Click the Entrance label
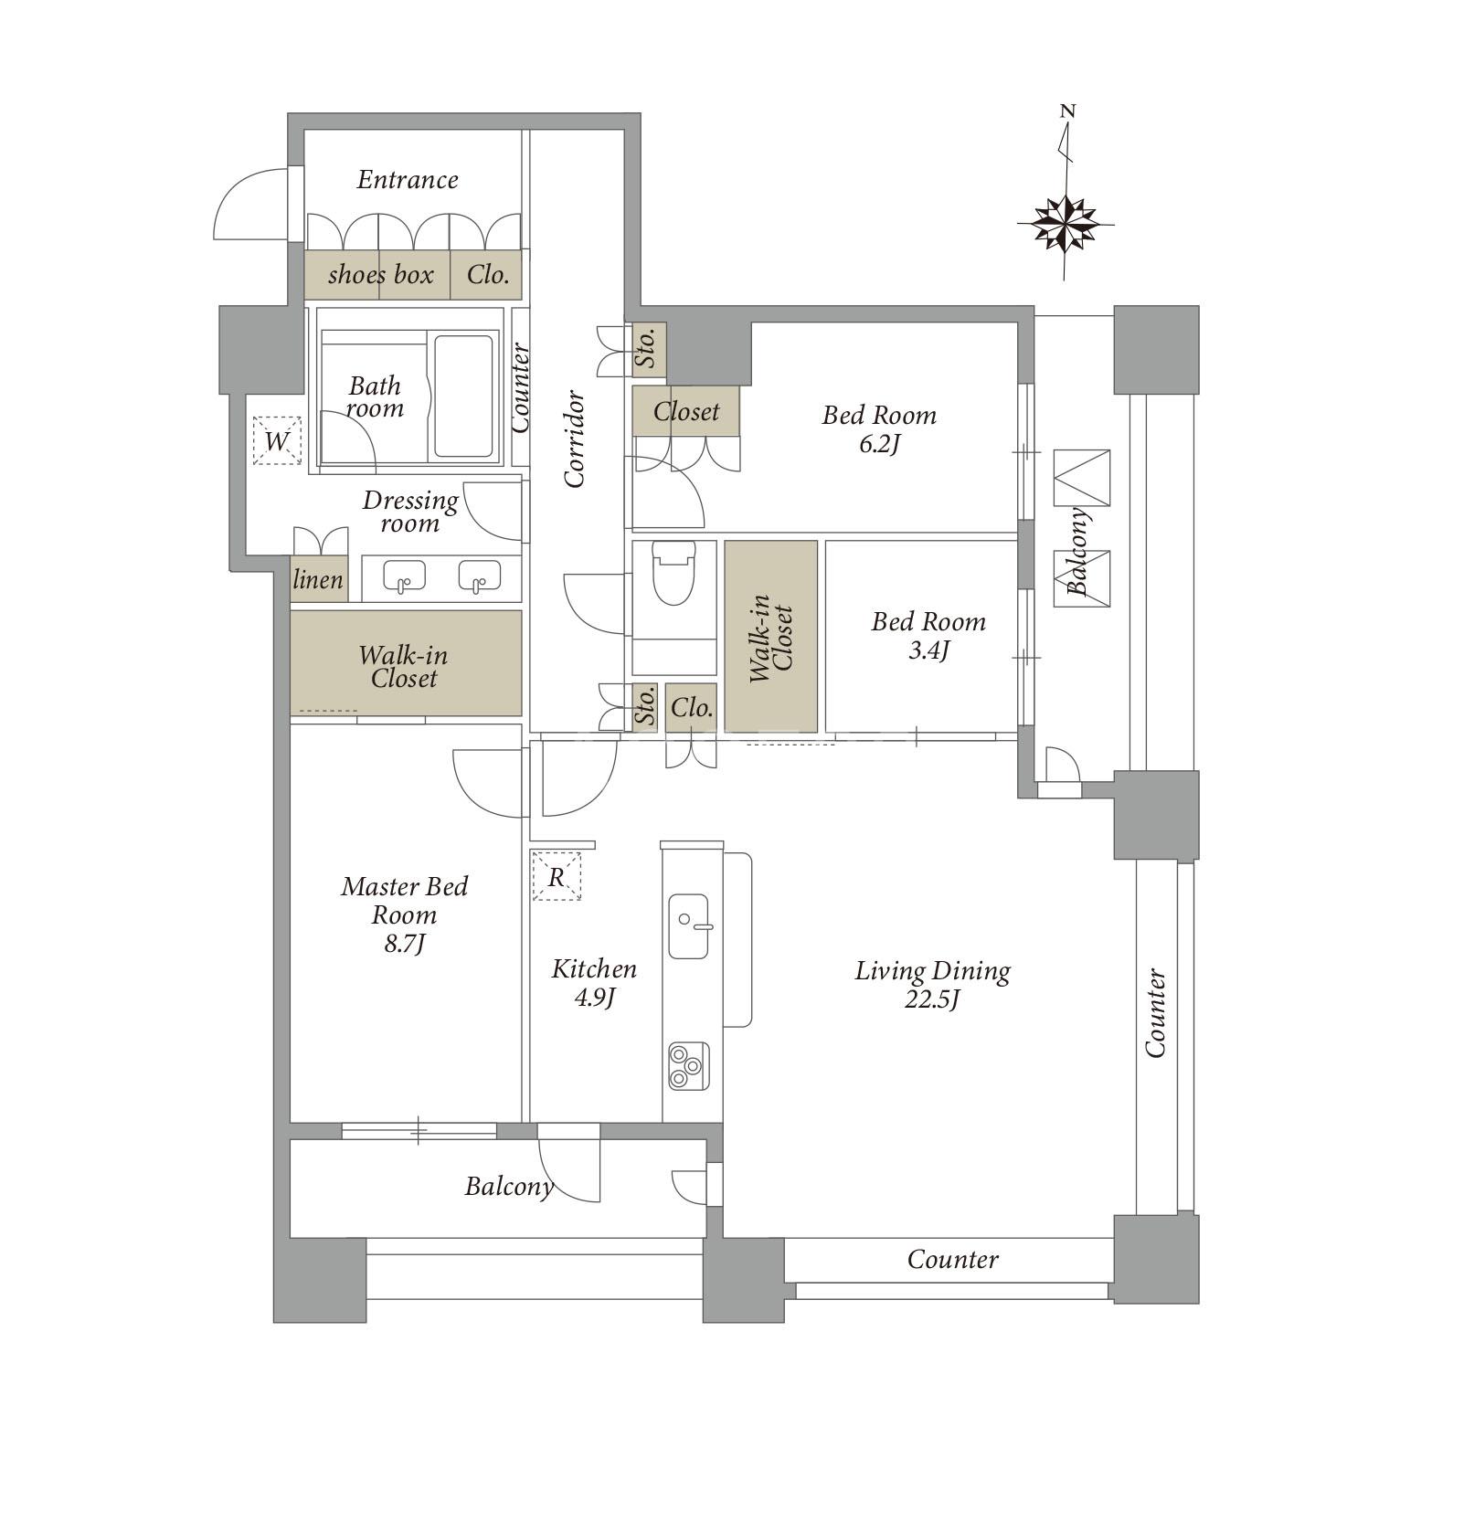pos(408,179)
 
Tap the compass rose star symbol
pos(1066,223)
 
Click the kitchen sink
pos(688,925)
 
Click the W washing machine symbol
pos(277,440)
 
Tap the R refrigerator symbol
pos(557,877)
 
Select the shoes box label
pos(380,274)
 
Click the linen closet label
pos(318,579)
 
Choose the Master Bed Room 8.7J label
pos(404,914)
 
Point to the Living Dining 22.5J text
pos(932,984)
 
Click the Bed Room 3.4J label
pos(928,636)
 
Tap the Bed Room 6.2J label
pos(879,429)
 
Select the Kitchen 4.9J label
pos(594,982)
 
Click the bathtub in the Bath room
pos(463,396)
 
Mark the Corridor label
pos(574,439)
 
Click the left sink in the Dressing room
pos(404,577)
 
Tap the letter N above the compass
pos(1067,111)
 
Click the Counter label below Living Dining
pos(952,1260)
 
